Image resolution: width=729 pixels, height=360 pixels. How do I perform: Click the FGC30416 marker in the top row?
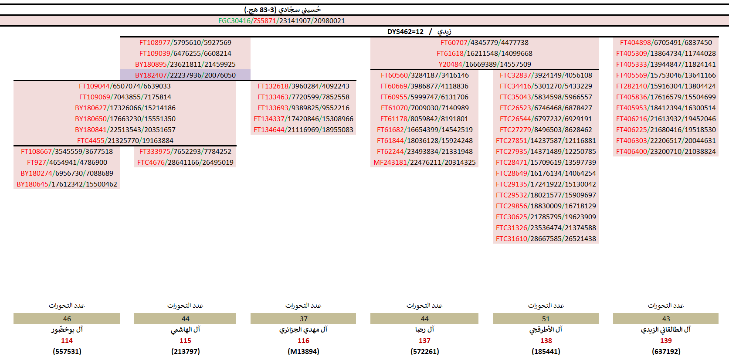(x=234, y=20)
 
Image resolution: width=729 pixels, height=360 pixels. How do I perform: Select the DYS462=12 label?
(x=405, y=31)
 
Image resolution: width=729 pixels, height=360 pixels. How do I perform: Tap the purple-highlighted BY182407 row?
(x=185, y=75)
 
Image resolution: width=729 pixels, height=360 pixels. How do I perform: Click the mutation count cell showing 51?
(x=546, y=319)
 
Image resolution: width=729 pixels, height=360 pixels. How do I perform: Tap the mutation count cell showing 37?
(x=303, y=319)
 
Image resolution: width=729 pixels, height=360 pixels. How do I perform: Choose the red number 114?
(x=67, y=340)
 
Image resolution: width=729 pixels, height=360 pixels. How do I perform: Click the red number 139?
(x=666, y=340)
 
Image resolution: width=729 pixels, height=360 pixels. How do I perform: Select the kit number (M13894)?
(x=303, y=351)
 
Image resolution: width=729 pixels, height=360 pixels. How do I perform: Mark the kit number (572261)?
(x=424, y=351)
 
